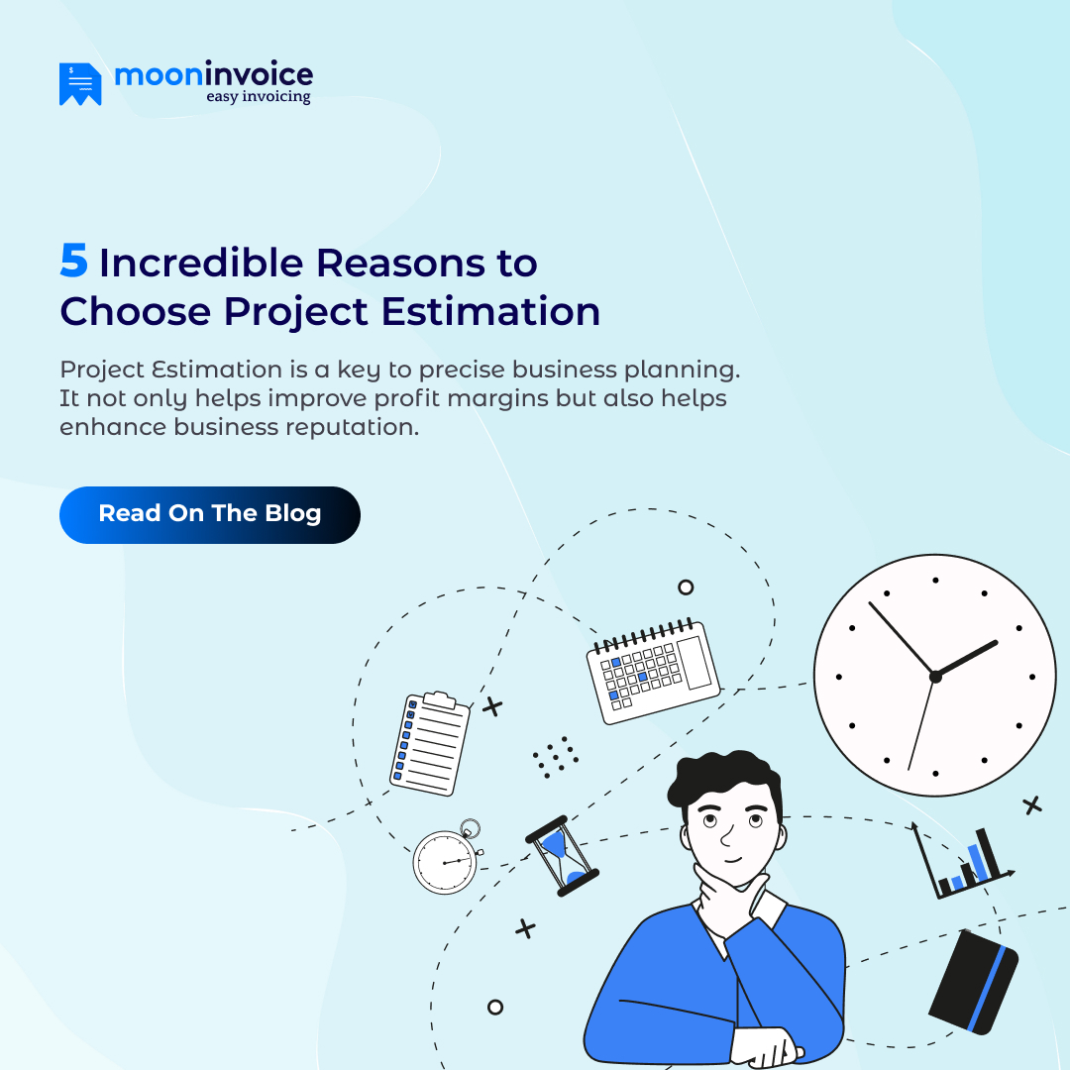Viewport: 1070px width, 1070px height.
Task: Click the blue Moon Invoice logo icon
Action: coord(80,84)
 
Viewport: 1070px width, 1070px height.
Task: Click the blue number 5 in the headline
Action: coord(73,262)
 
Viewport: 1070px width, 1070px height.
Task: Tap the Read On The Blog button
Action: coord(209,514)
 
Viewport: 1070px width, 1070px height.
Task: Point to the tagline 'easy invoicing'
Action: coord(258,97)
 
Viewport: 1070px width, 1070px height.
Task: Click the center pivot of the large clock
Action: coord(934,676)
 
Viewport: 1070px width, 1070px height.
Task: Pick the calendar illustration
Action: coord(653,671)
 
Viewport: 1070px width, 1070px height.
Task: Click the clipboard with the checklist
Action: coord(430,743)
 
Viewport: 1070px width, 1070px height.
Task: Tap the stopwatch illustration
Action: coord(446,859)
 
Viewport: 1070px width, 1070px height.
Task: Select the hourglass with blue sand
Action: coord(562,855)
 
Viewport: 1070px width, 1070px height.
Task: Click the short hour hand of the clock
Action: coord(966,658)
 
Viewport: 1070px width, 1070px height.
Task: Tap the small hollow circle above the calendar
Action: coord(686,587)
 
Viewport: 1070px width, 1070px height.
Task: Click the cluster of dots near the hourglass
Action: coord(555,755)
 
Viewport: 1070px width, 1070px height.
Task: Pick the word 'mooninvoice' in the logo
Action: coord(213,74)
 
